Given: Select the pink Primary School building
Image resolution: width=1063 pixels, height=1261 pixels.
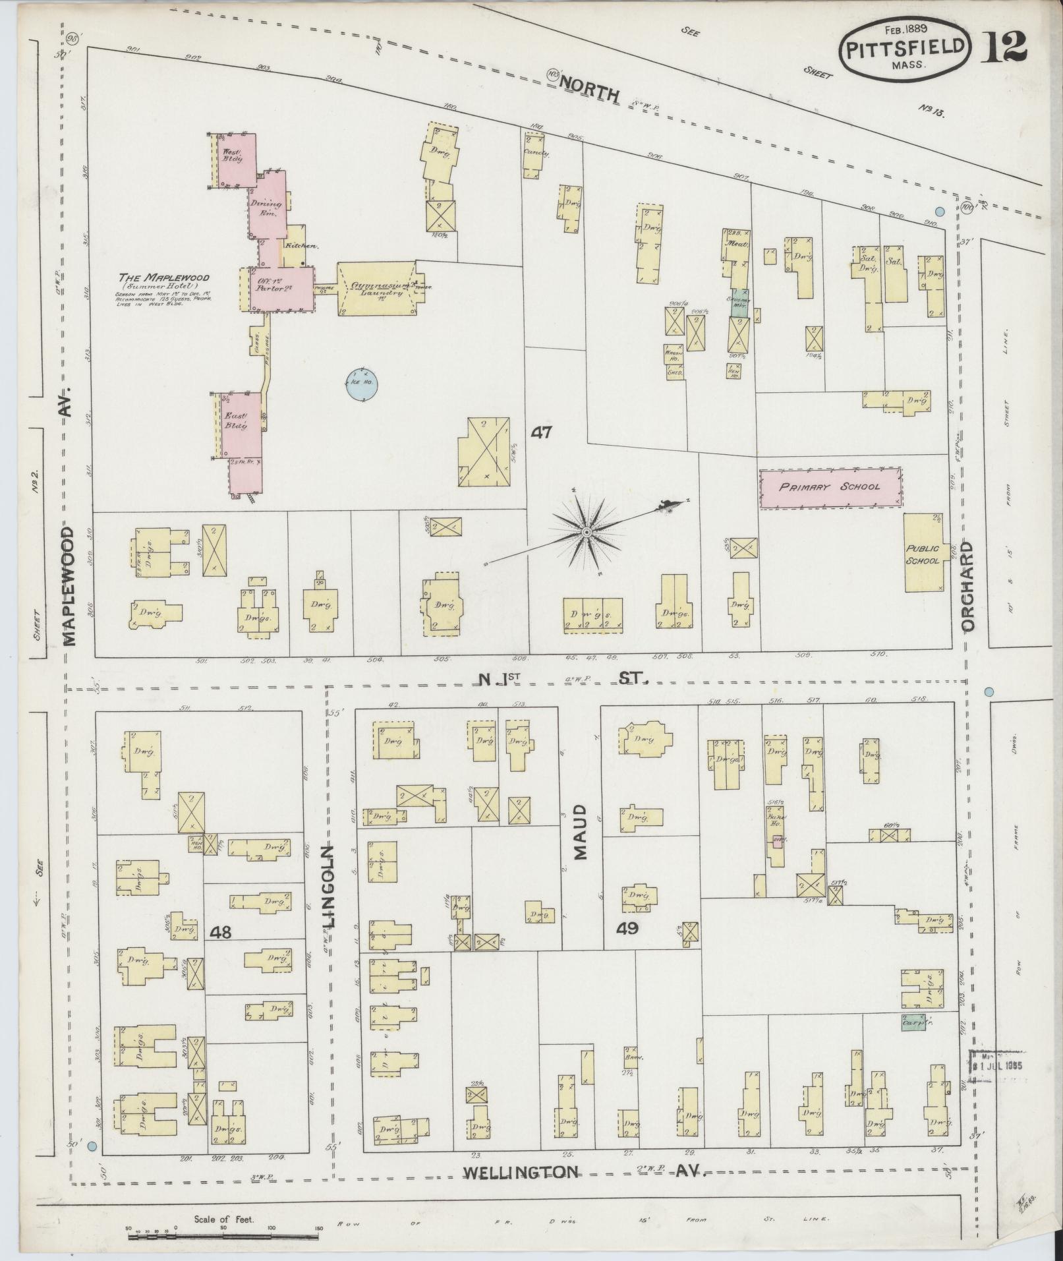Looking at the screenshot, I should [830, 488].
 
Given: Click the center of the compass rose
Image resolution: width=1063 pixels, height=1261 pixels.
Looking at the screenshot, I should [586, 531].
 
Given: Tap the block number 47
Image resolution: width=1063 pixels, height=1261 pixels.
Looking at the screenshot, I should [543, 433].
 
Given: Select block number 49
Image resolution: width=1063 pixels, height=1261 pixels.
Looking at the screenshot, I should [627, 929].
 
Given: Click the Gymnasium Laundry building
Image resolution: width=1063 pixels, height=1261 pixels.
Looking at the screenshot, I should [377, 289].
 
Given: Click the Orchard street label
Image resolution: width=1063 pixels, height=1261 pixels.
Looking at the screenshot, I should [967, 586].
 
